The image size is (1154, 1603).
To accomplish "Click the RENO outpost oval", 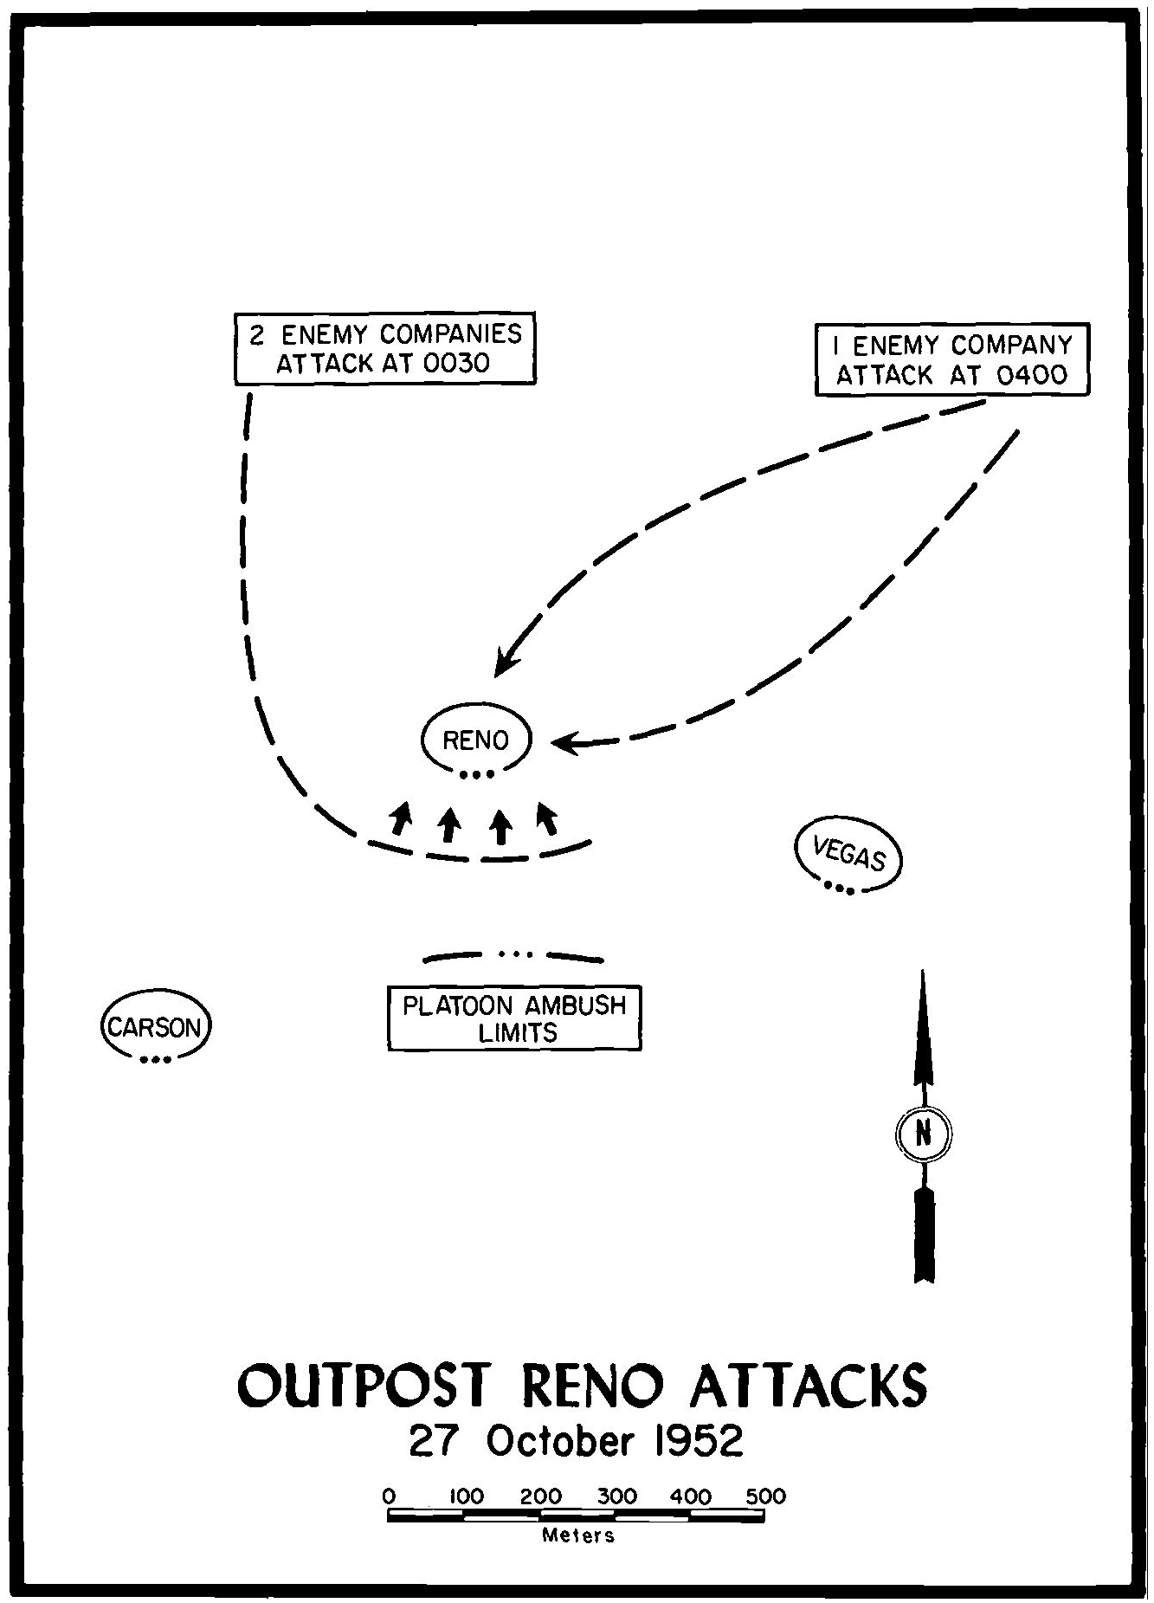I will (475, 740).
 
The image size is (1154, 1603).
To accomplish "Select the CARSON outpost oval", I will (156, 1027).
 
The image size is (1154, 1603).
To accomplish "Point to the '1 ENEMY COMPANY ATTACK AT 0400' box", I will (952, 359).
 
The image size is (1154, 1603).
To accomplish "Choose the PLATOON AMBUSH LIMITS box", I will (515, 1018).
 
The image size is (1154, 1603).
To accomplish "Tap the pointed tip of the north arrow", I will (923, 974).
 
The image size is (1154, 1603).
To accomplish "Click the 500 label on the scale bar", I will (765, 1496).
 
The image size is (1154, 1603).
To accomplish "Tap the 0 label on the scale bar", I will (390, 1496).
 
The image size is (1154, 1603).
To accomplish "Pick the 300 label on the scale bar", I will (616, 1496).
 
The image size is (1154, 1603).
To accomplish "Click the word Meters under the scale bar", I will (578, 1536).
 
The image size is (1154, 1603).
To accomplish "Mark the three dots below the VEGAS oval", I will (839, 888).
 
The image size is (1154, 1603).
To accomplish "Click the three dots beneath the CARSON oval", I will (156, 1059).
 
